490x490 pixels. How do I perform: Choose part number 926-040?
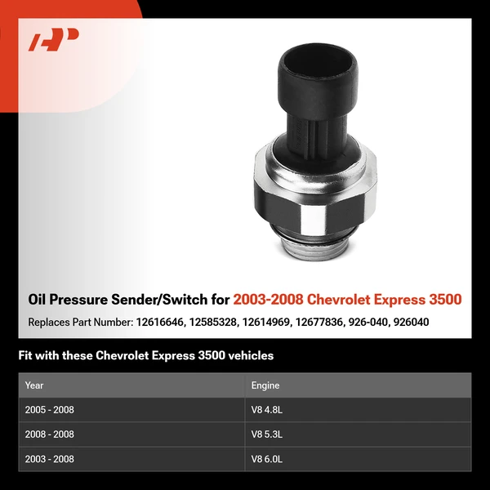click(x=365, y=323)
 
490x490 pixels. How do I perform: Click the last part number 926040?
click(x=411, y=323)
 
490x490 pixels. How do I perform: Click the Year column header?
click(x=34, y=385)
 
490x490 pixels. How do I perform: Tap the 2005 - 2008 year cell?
click(x=50, y=410)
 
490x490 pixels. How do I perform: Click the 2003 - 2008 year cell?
click(x=50, y=459)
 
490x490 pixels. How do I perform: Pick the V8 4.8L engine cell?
click(x=269, y=410)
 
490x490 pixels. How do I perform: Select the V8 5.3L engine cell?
click(x=269, y=434)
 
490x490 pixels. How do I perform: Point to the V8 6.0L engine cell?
click(x=269, y=459)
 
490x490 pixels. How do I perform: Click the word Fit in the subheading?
click(x=26, y=356)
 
